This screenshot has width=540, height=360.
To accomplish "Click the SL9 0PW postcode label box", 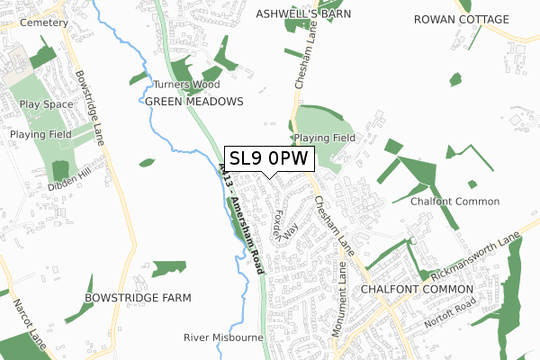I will coord(269,158).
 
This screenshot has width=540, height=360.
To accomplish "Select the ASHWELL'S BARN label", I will coord(303,14).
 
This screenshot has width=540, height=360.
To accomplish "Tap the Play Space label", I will coord(45,103).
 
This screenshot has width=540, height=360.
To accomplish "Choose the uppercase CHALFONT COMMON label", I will coord(417,289).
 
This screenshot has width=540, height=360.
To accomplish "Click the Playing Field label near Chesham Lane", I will coord(324,138).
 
